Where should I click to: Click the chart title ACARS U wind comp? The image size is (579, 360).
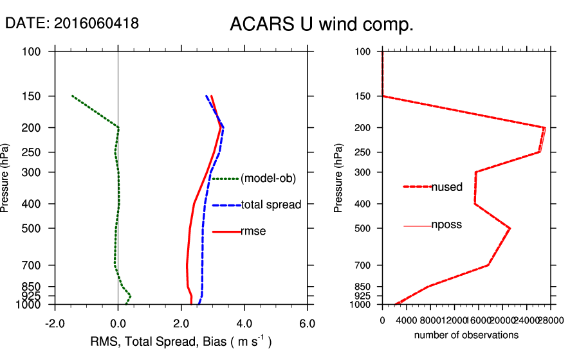(321, 25)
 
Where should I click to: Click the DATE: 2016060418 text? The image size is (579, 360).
(72, 23)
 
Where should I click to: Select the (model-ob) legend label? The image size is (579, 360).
(268, 179)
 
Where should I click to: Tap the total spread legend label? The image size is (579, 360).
(271, 205)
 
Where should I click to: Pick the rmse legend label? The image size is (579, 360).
(253, 231)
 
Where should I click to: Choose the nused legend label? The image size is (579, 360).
(446, 187)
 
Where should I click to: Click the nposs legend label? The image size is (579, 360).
(446, 225)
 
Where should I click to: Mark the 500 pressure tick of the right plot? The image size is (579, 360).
(363, 228)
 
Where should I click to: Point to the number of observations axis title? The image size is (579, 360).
(466, 335)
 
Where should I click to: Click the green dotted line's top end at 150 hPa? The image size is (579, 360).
(73, 96)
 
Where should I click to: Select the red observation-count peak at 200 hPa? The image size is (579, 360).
(545, 128)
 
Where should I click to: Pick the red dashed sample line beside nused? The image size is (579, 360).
(416, 186)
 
